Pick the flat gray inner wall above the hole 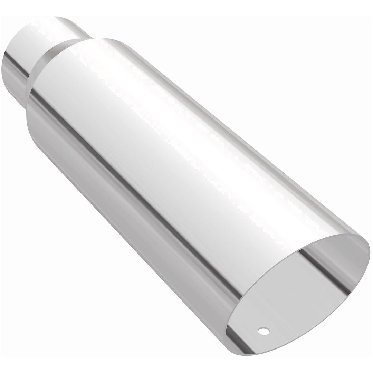click(276, 304)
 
